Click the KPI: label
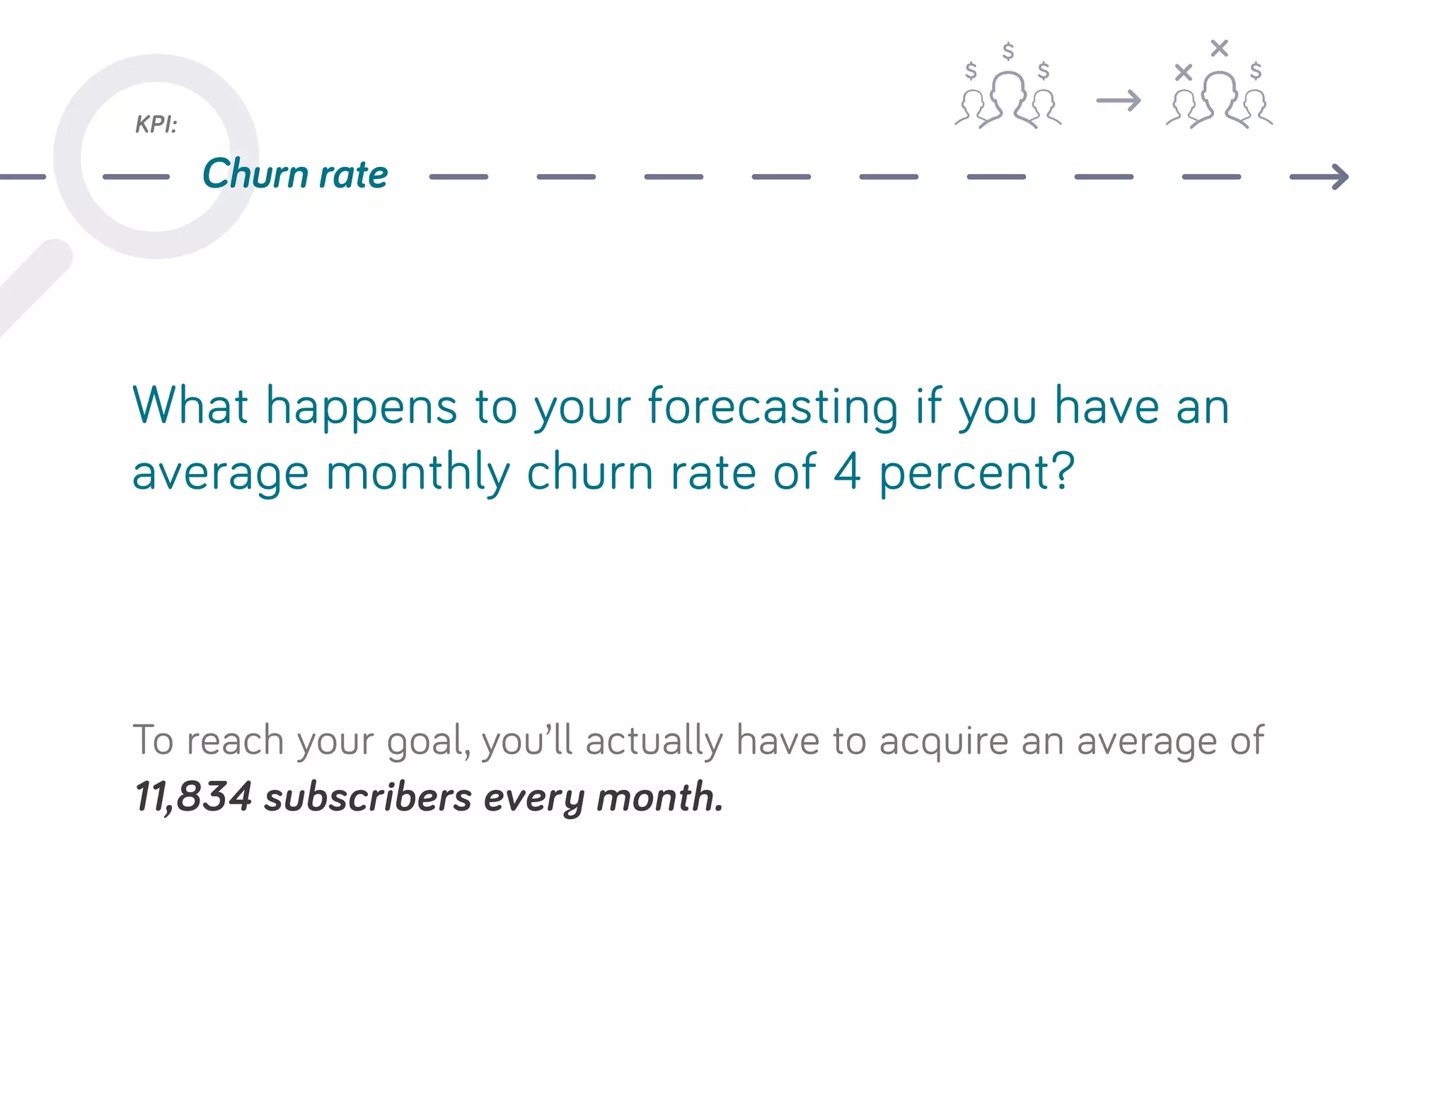[156, 124]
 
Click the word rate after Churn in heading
[353, 175]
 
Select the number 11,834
[192, 797]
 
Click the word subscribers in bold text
[368, 797]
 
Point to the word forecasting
[773, 407]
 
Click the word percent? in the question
[976, 472]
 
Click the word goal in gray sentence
[427, 742]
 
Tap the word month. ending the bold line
[659, 797]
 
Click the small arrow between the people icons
[1119, 100]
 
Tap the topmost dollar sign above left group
[1008, 51]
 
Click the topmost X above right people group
[1219, 48]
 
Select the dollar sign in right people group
[1256, 70]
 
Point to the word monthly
[417, 472]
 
